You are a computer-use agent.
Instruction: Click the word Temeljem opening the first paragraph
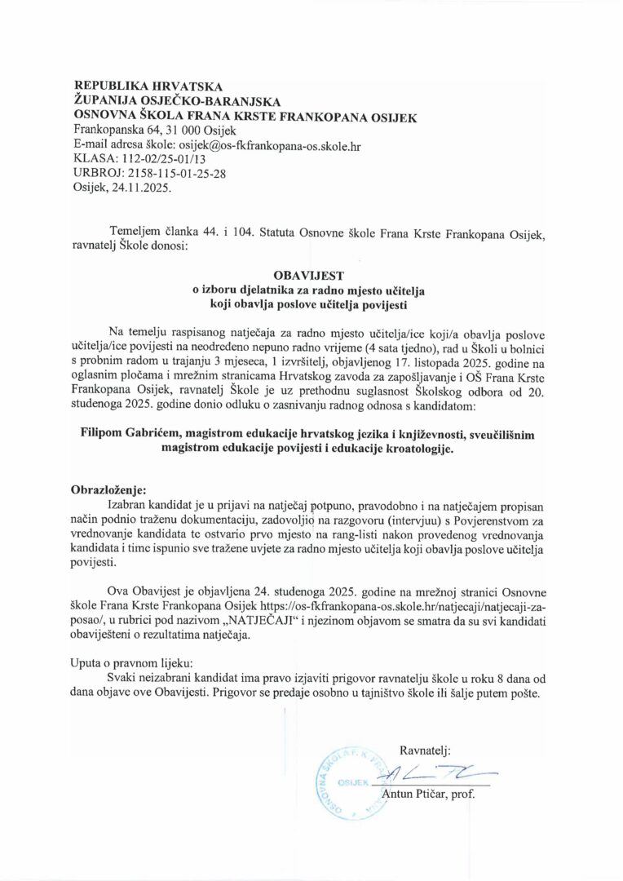point(135,232)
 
